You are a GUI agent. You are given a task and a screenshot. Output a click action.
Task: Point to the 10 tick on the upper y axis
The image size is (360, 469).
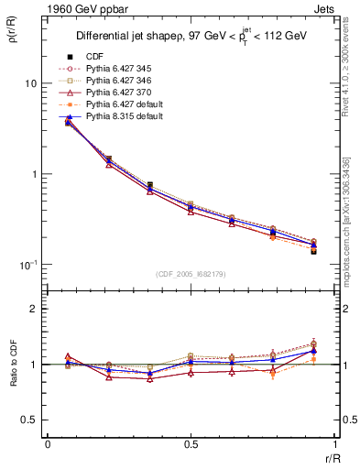[30, 83]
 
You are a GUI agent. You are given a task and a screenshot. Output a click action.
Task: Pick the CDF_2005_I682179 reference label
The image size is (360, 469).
[191, 275]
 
